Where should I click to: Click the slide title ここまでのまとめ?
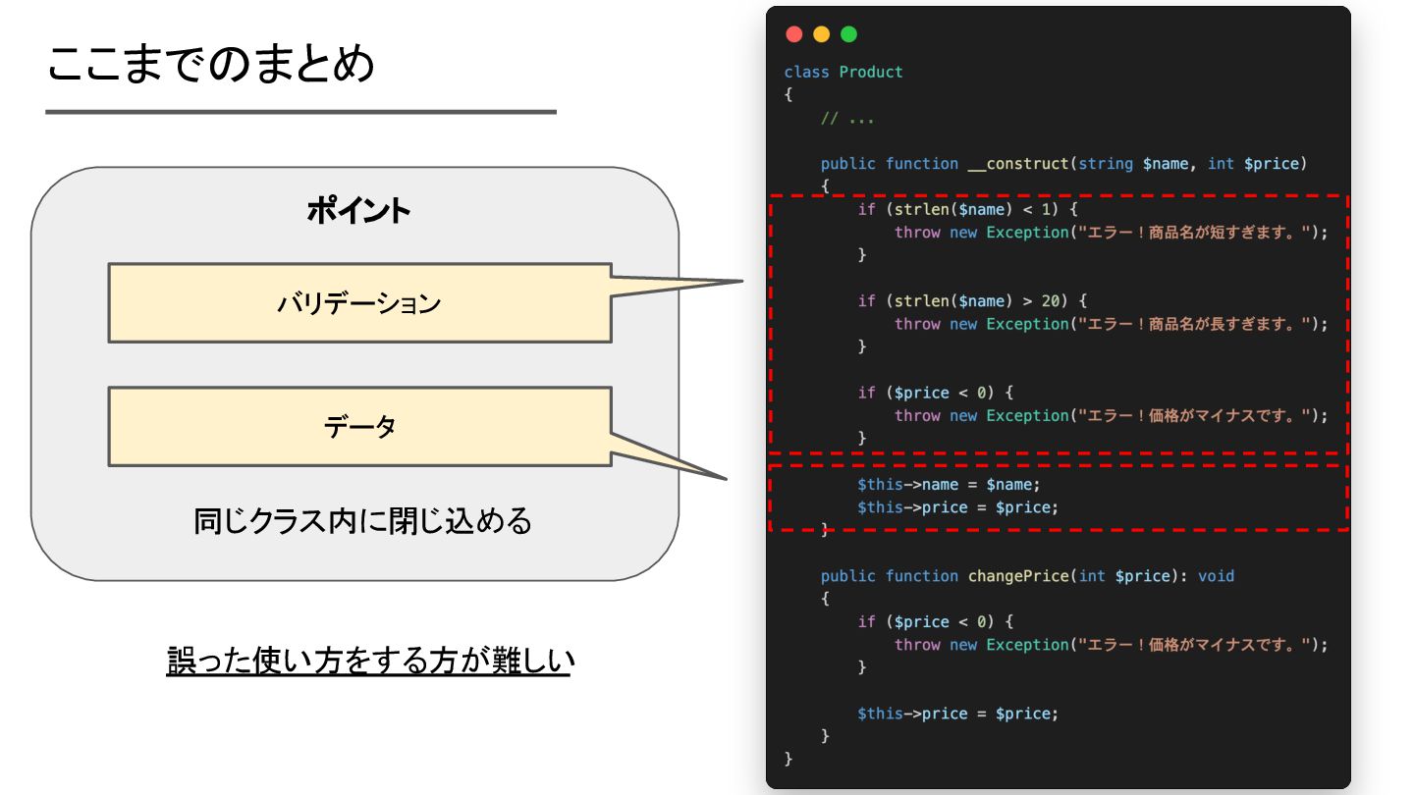[x=211, y=65]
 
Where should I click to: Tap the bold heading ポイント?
[x=358, y=211]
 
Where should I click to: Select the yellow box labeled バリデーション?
[x=359, y=303]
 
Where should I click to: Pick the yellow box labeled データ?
[x=359, y=427]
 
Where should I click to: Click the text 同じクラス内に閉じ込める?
[x=362, y=520]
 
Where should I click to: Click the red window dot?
[x=794, y=34]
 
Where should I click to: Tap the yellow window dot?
[x=822, y=34]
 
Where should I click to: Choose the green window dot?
[x=849, y=34]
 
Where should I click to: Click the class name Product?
[x=871, y=72]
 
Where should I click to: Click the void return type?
[x=1216, y=576]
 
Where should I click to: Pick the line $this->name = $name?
[x=948, y=485]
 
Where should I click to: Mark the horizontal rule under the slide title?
[x=300, y=112]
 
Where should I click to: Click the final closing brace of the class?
[x=789, y=759]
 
